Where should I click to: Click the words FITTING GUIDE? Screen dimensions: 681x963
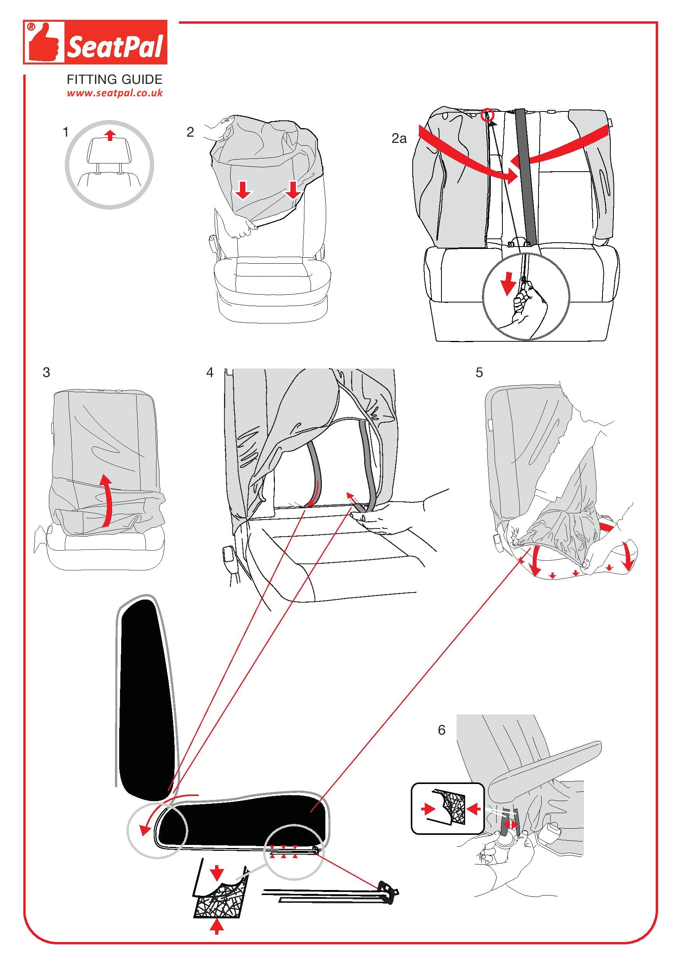(x=115, y=79)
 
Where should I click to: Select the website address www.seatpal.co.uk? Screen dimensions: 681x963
(x=115, y=93)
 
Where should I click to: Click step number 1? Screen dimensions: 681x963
(x=65, y=132)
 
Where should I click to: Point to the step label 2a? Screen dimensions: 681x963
(x=399, y=139)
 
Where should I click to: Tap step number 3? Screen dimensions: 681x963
(x=47, y=372)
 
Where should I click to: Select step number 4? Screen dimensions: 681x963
(x=210, y=372)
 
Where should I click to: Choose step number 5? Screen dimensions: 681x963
(x=479, y=372)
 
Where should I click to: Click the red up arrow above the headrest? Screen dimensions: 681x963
(x=110, y=135)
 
